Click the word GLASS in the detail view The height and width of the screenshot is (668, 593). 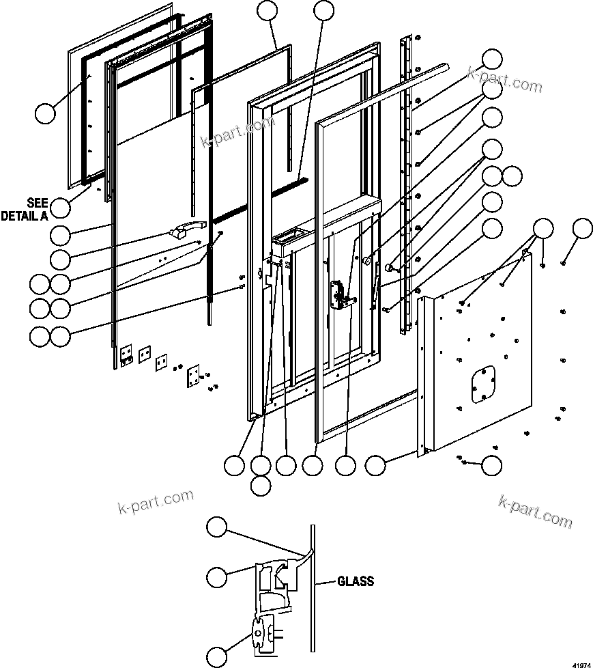click(x=356, y=582)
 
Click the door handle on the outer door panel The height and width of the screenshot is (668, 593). click(x=188, y=229)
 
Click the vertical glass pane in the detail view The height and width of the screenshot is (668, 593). click(x=313, y=587)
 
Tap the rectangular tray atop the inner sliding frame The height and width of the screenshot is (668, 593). click(x=291, y=237)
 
